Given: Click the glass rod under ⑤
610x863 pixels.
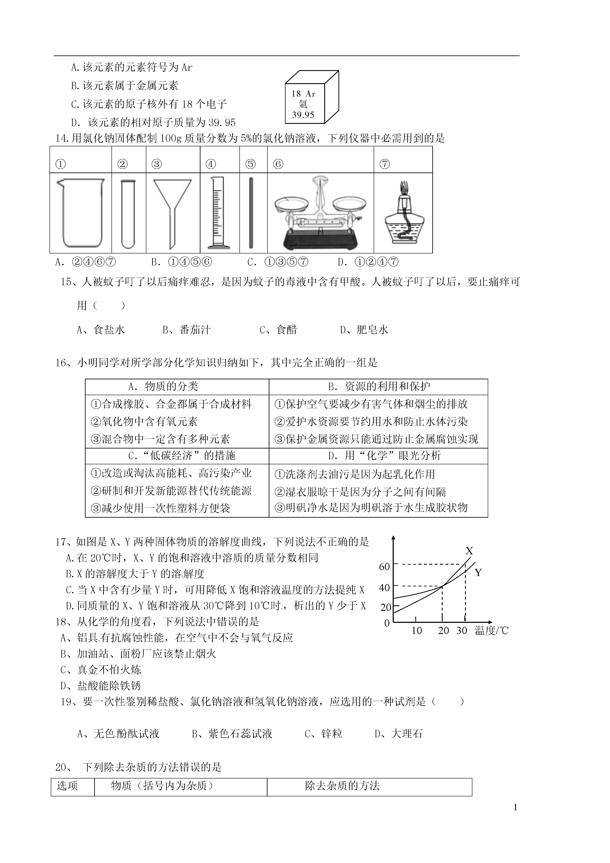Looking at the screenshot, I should coord(251,213).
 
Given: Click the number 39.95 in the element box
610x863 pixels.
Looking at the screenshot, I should coord(303,115).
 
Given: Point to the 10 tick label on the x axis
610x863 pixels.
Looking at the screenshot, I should coord(417,631).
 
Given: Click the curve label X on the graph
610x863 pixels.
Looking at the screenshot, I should coord(469,551).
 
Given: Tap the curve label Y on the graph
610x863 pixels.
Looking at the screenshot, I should coord(478,572).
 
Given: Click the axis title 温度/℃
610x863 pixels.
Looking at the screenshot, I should coord(491,631).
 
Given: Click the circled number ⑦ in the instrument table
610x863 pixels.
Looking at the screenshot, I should coord(384,164).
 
